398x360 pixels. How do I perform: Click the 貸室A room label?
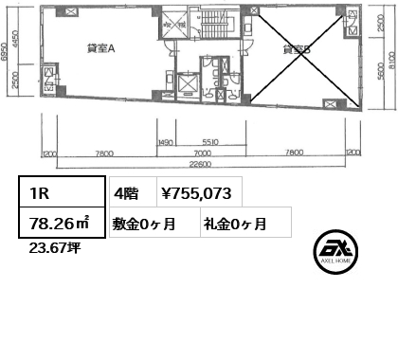click(100, 48)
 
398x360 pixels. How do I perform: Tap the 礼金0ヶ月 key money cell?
click(234, 225)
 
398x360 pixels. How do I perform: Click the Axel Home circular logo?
click(339, 248)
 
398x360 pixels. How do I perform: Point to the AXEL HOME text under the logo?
click(339, 269)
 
